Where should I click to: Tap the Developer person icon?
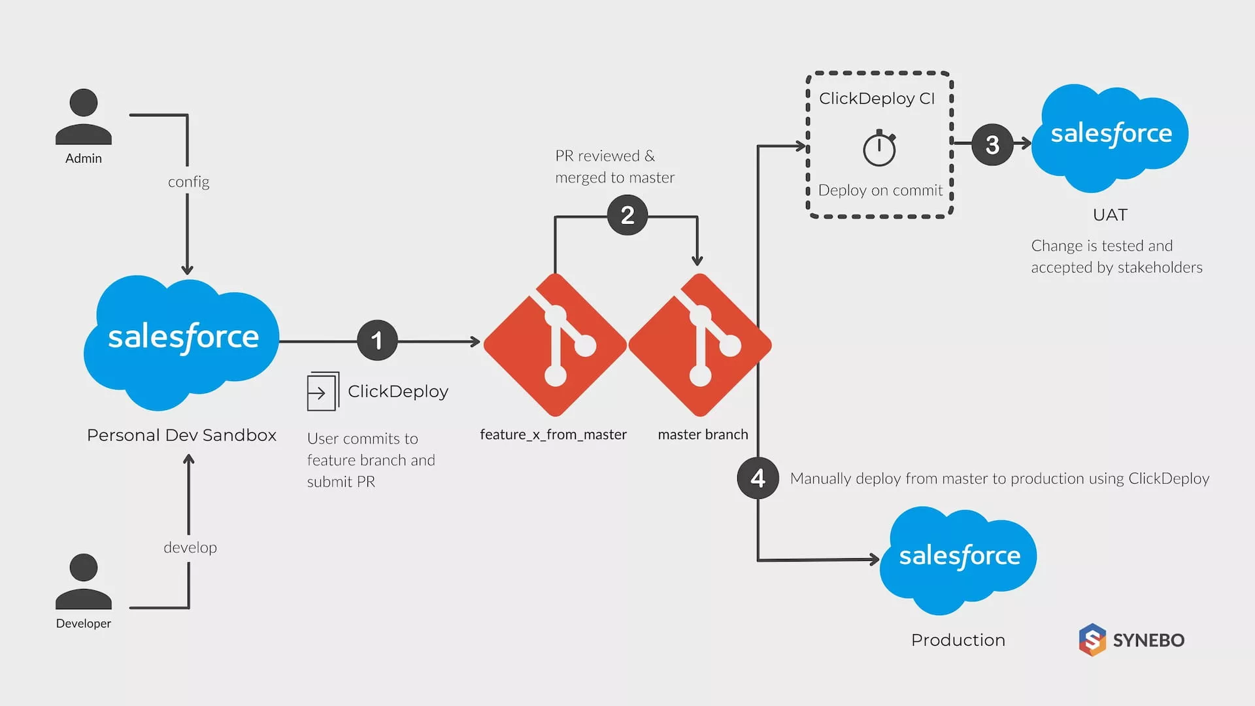tap(84, 581)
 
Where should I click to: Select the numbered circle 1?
tap(377, 341)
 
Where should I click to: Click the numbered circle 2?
tap(627, 215)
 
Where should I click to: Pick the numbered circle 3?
tap(992, 144)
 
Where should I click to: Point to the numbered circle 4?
tap(758, 478)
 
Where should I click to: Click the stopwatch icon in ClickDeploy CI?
tap(879, 148)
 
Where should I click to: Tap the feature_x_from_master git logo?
tap(555, 345)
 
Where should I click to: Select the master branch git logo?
tap(700, 345)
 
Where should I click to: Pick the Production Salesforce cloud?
tap(958, 558)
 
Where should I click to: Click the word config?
tap(188, 182)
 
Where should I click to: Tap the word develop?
tap(190, 547)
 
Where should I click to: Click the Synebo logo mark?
tap(1092, 640)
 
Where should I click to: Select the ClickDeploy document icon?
tap(322, 392)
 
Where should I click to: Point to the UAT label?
tap(1110, 215)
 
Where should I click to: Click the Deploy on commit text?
tap(880, 190)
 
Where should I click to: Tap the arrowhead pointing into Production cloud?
tap(874, 559)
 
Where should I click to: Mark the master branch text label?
tap(703, 435)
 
